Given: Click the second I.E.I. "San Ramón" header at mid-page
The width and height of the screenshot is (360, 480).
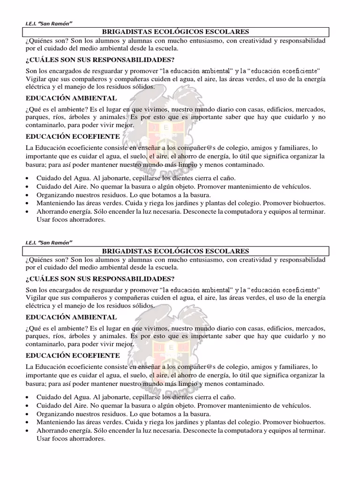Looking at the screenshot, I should point(48,242).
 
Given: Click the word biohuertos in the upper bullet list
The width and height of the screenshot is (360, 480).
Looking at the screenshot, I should point(308,203).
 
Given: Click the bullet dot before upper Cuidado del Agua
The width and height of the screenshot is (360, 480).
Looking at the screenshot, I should point(29,179).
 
